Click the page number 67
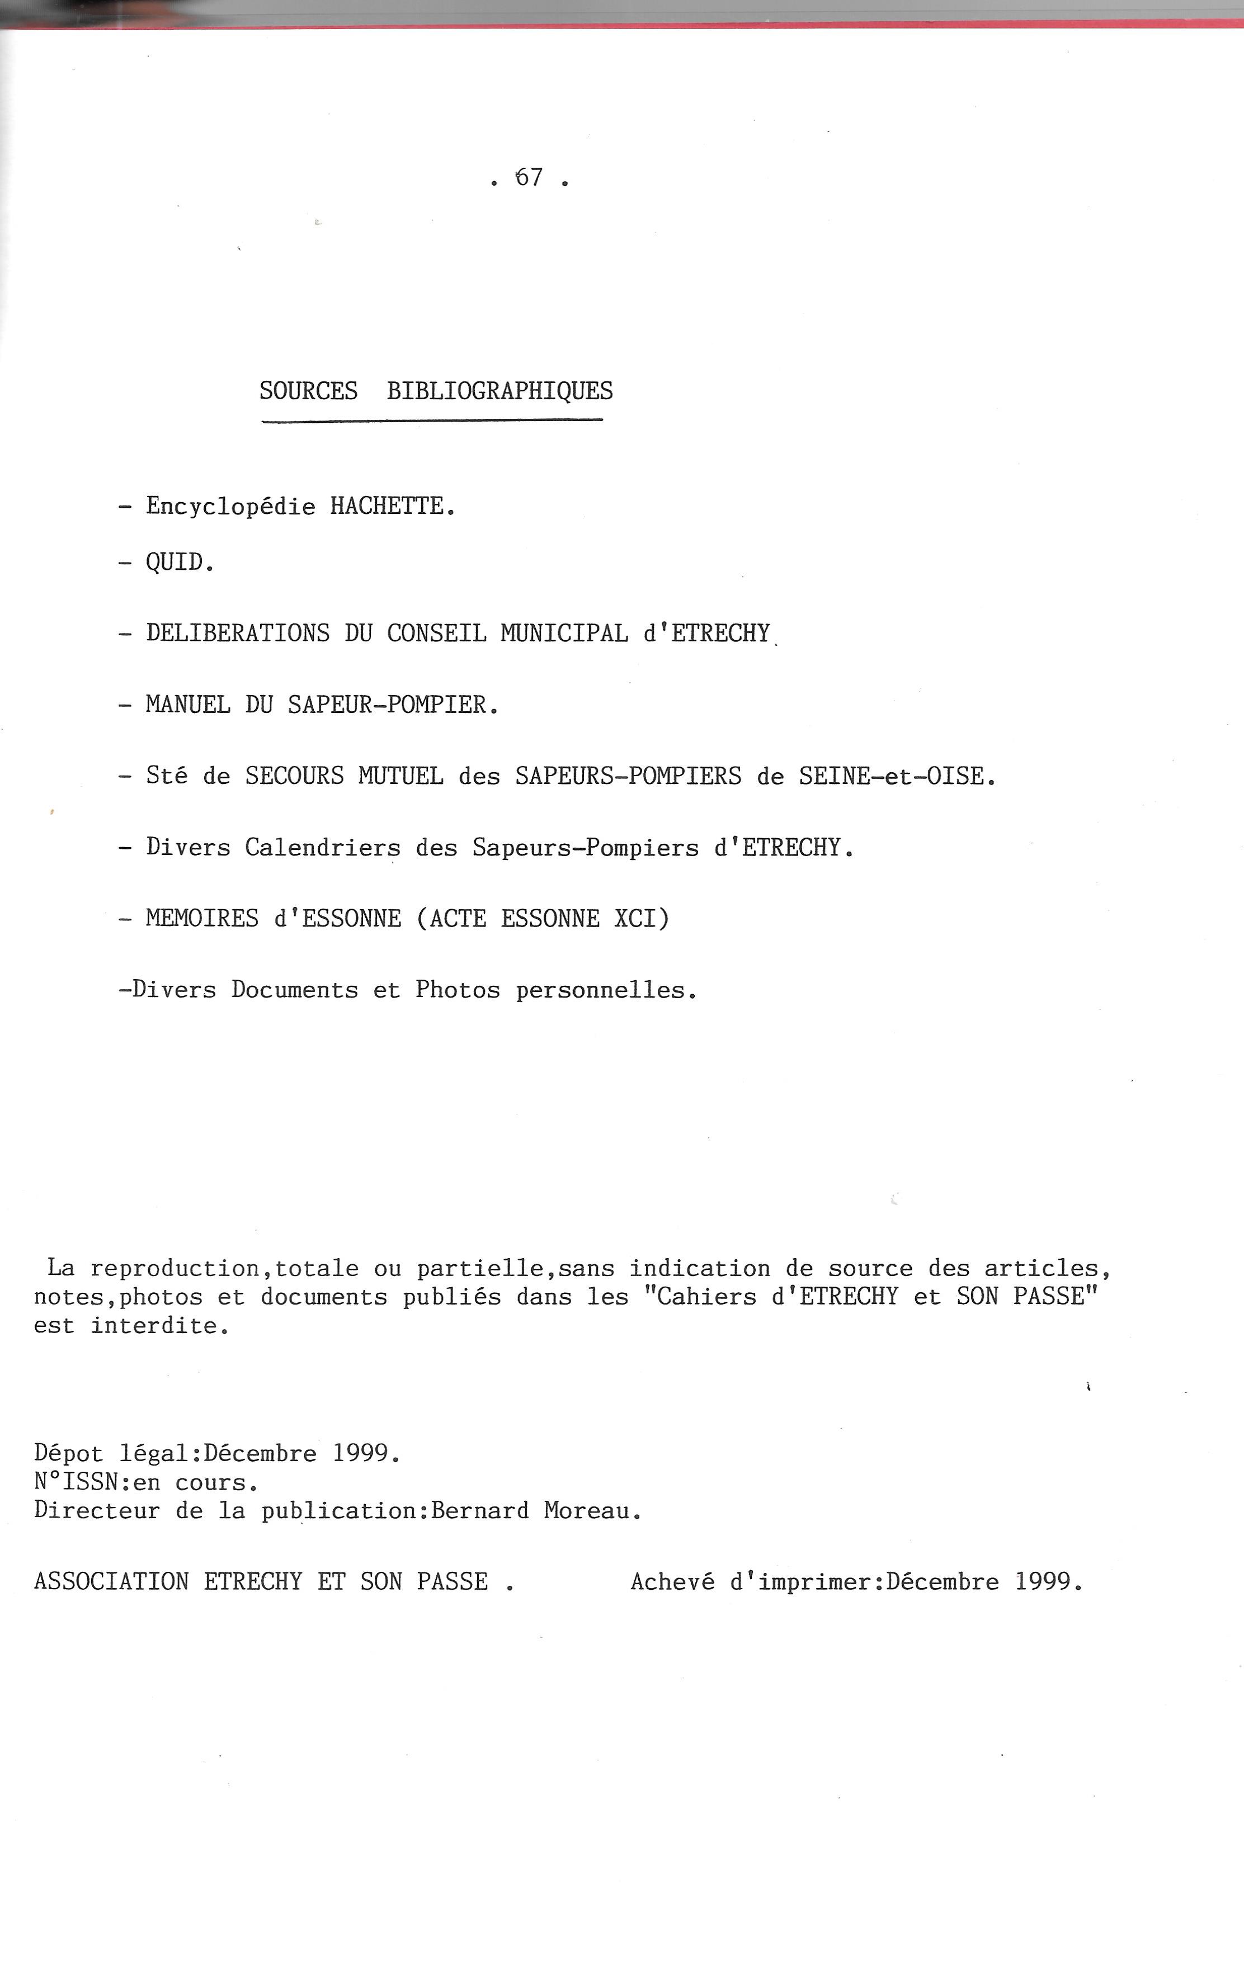[x=530, y=177]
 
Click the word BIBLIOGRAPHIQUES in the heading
[x=500, y=392]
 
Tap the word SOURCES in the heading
[x=308, y=392]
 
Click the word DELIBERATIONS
[x=237, y=634]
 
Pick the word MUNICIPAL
[x=564, y=634]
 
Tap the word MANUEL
[x=187, y=705]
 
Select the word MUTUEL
[x=400, y=776]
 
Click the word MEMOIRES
[x=202, y=919]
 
